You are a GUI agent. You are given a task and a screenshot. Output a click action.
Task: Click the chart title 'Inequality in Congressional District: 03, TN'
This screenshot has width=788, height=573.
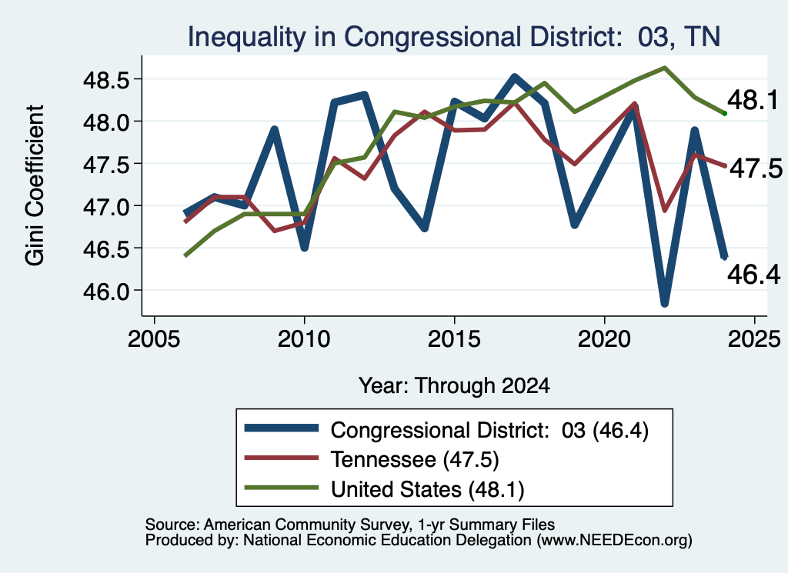(x=454, y=37)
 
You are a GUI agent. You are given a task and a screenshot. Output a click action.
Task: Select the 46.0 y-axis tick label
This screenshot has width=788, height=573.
(x=107, y=291)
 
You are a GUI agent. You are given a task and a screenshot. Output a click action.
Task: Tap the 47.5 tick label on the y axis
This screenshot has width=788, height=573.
(x=107, y=165)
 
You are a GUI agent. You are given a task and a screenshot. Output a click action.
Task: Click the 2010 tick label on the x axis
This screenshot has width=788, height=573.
(x=303, y=339)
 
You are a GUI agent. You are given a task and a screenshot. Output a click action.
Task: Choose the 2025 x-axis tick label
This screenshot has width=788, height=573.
(x=754, y=339)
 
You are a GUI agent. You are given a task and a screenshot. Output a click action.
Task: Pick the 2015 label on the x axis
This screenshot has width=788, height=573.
(x=454, y=339)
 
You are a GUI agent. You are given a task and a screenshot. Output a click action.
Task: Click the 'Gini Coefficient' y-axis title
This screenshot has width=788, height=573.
(x=35, y=185)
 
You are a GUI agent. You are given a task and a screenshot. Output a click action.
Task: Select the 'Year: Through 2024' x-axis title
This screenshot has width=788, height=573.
(x=454, y=385)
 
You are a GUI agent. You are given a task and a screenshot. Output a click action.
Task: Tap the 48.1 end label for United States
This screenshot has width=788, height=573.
(x=753, y=100)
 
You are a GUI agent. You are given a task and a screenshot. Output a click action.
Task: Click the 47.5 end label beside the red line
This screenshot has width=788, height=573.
(x=756, y=168)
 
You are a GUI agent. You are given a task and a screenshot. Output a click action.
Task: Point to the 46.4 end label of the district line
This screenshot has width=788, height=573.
(x=753, y=275)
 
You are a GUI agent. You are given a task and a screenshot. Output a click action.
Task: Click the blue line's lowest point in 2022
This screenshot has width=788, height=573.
(x=664, y=303)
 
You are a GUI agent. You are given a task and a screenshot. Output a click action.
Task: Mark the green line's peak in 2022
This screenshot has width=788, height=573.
(x=664, y=67)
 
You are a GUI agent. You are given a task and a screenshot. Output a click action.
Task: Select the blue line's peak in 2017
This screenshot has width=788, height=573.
(x=514, y=77)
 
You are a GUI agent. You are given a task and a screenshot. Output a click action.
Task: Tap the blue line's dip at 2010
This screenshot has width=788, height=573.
(x=305, y=248)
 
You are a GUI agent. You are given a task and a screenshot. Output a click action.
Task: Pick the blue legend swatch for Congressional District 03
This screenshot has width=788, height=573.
(x=282, y=428)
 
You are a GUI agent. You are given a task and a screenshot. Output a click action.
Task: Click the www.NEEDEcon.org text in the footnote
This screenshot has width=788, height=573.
(x=615, y=541)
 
